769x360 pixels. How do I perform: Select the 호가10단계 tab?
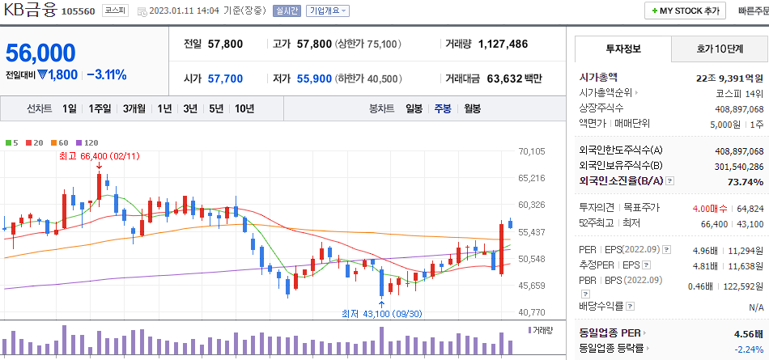click(x=720, y=49)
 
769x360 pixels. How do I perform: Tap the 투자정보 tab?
click(x=622, y=49)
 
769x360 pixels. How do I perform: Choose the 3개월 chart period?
click(x=134, y=108)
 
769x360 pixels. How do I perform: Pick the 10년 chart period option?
click(x=244, y=108)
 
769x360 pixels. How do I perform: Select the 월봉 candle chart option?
click(x=473, y=108)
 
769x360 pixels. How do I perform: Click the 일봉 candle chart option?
click(x=414, y=108)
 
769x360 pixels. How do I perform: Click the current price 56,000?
click(x=40, y=53)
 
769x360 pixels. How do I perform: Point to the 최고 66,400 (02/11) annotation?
click(x=99, y=155)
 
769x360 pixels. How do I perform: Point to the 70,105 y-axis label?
click(x=532, y=151)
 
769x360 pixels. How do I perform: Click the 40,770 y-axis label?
click(x=532, y=312)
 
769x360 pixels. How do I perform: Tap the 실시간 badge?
click(x=287, y=11)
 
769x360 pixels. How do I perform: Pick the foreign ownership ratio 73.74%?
click(x=746, y=182)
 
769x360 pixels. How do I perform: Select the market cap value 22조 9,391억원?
click(x=729, y=78)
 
